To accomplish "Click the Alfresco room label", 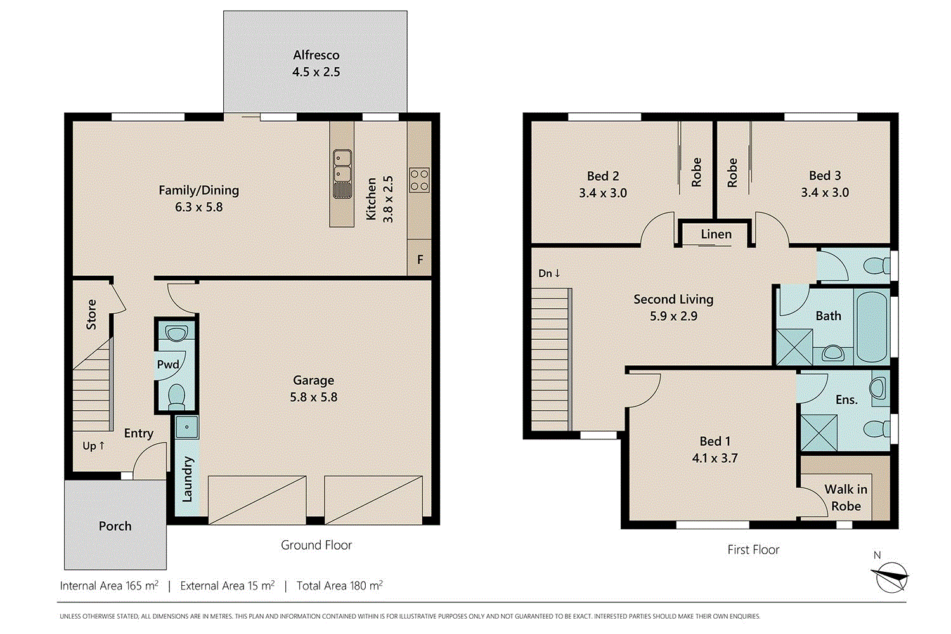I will click(x=316, y=55).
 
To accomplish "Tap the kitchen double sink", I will click(x=342, y=165).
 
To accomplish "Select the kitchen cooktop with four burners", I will click(x=419, y=180).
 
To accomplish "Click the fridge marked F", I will click(x=420, y=259).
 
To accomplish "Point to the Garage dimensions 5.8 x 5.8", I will click(x=313, y=398).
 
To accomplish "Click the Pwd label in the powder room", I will click(x=167, y=365).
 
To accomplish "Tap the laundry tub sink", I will click(x=186, y=427).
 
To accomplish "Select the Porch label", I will click(x=115, y=526).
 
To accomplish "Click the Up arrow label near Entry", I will click(x=93, y=446).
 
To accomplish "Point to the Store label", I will click(x=91, y=314).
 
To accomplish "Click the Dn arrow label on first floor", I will click(x=549, y=273).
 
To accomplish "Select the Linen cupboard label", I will click(x=716, y=235).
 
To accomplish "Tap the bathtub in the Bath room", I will click(x=871, y=327).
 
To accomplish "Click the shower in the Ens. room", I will click(x=818, y=433).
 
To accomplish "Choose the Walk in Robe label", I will click(x=846, y=498).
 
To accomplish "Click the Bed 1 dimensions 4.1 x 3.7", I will click(x=715, y=458).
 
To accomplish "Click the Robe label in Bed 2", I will click(x=696, y=172).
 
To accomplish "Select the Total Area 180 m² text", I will click(x=339, y=586).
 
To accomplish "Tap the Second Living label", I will click(x=673, y=299).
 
